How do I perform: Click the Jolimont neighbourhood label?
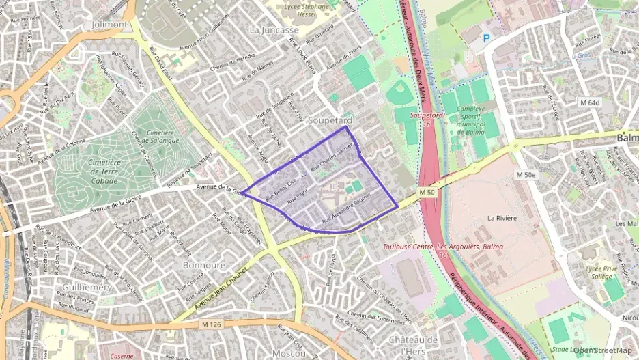coord(109,24)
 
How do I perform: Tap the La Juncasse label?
coord(274,30)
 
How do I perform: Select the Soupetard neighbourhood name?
coord(330,120)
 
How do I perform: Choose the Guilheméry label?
coord(87,288)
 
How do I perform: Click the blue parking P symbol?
coord(487,39)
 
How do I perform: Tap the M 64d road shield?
coord(588,102)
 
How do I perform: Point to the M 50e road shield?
coord(526,175)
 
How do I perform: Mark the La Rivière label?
coord(502,218)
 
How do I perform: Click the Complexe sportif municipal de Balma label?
coord(471,120)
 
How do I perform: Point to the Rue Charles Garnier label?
coord(334,156)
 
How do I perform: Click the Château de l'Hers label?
coord(413,344)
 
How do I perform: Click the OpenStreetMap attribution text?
coord(605,350)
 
